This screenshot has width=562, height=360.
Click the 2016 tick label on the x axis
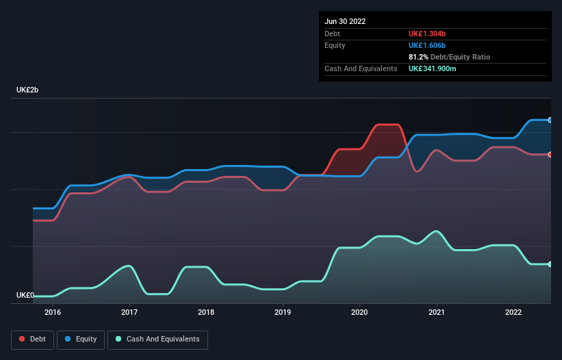(53, 312)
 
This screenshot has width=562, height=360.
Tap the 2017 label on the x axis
(129, 312)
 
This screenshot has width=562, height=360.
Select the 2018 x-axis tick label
(206, 312)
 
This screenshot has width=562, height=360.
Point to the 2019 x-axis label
(283, 312)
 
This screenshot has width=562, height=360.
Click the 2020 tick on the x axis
(359, 312)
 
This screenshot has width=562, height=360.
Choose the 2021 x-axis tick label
(436, 312)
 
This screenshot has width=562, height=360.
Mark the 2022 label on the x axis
(513, 312)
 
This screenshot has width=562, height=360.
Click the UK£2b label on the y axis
(28, 90)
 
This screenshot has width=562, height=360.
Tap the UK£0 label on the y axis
(25, 295)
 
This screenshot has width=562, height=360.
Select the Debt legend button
(31, 339)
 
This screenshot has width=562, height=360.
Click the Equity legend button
(81, 339)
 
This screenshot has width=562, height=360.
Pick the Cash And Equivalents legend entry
(157, 339)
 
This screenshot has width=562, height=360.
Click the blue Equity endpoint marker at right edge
(550, 120)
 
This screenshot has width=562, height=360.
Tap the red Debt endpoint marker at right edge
(550, 154)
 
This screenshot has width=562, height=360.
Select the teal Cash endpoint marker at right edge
(550, 264)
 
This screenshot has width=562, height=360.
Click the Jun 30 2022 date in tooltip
(345, 21)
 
